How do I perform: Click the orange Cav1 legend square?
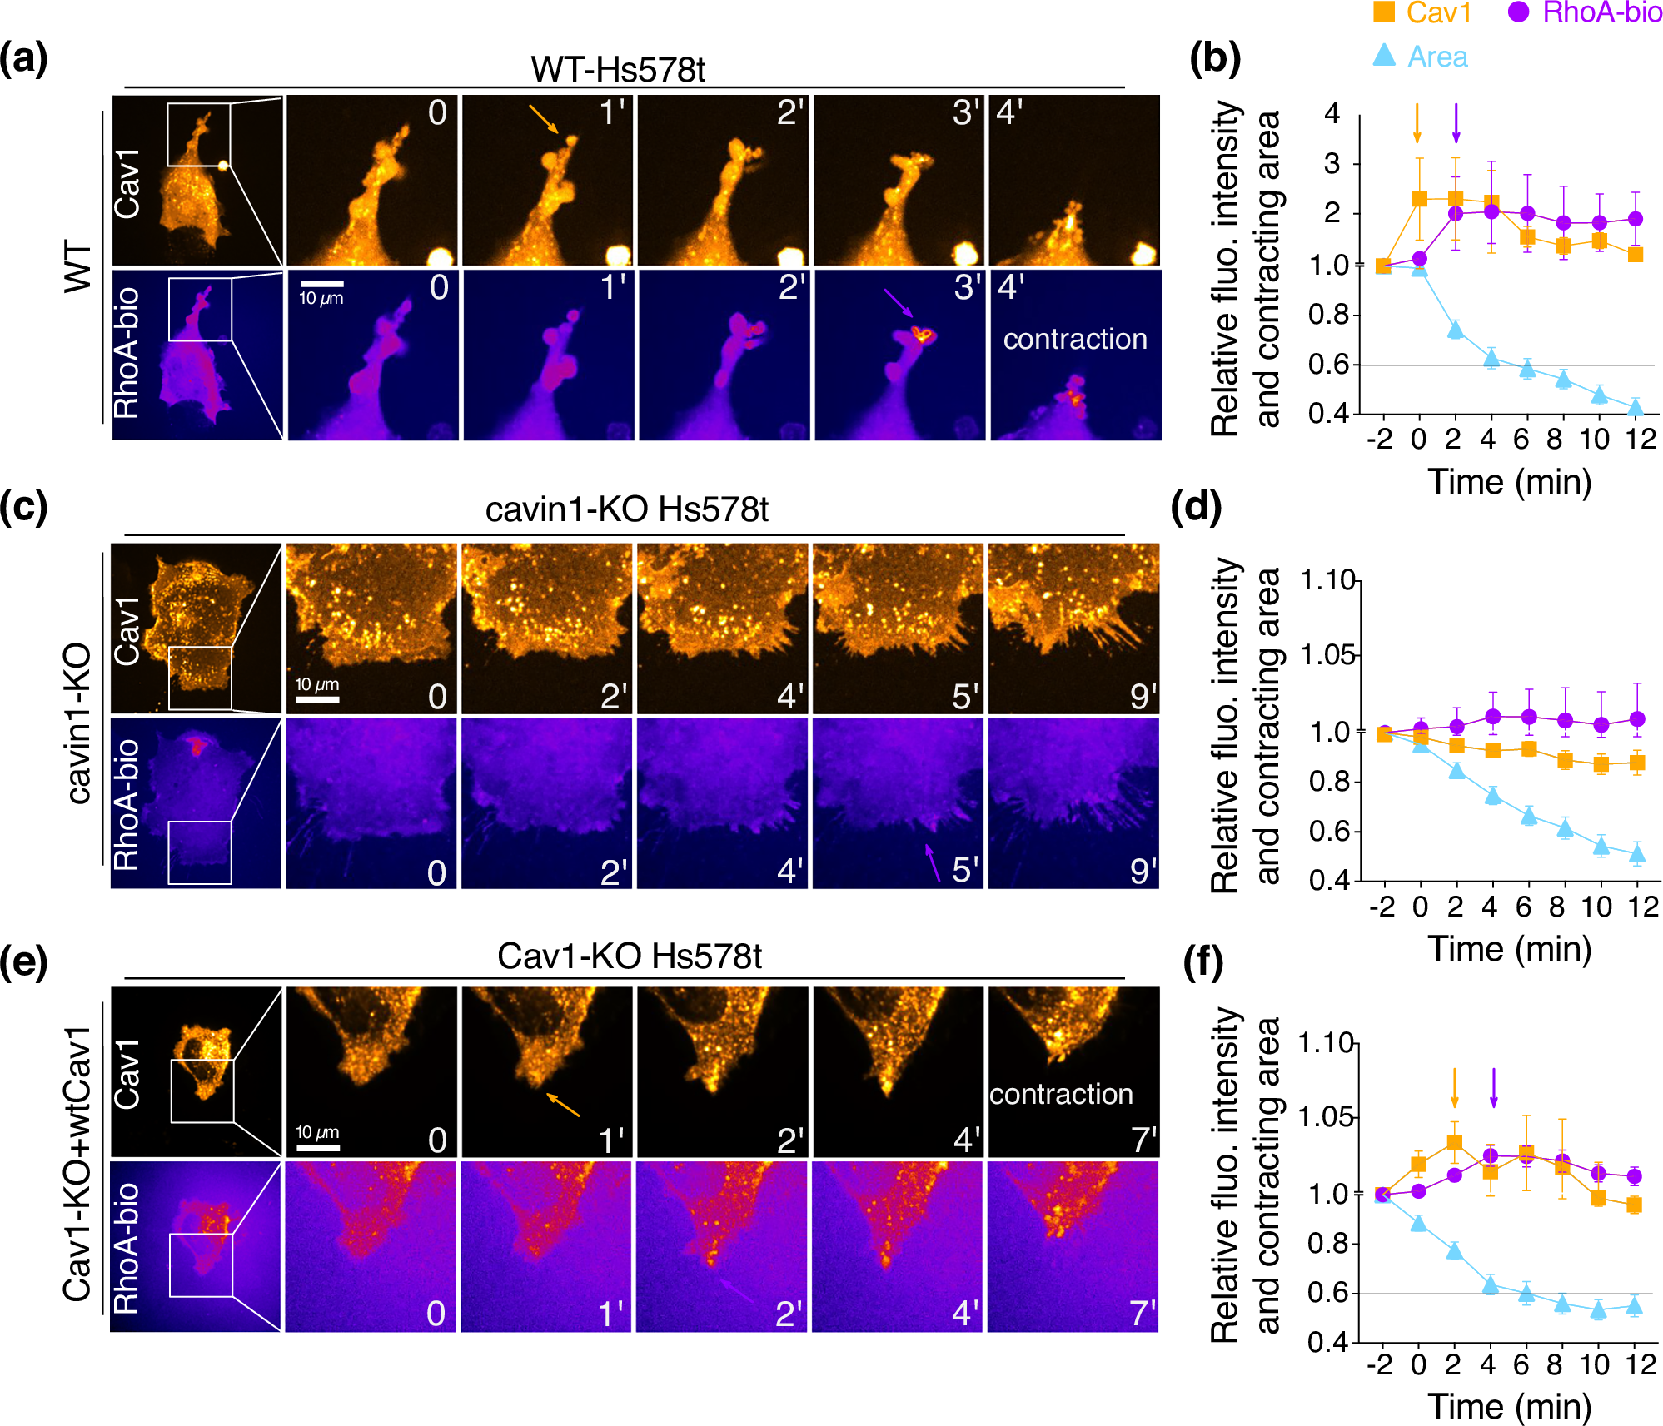click(1384, 12)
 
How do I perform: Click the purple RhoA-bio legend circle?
click(1519, 12)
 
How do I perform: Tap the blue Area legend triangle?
click(1384, 56)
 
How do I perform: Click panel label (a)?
click(24, 58)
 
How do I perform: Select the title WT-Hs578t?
click(618, 70)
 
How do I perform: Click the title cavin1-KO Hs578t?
click(626, 509)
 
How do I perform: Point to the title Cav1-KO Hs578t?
click(629, 956)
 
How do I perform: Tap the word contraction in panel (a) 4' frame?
click(1074, 339)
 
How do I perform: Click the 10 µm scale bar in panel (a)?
click(321, 285)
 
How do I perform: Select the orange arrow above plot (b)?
click(1417, 123)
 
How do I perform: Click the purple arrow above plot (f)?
click(1493, 1087)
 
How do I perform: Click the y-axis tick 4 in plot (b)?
click(1332, 113)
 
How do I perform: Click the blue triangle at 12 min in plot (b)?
click(1636, 407)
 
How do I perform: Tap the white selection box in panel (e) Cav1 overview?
click(202, 1091)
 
